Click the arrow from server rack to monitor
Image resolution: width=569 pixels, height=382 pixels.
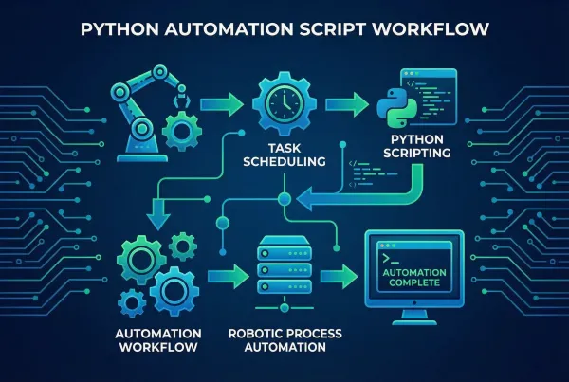coord(339,276)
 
